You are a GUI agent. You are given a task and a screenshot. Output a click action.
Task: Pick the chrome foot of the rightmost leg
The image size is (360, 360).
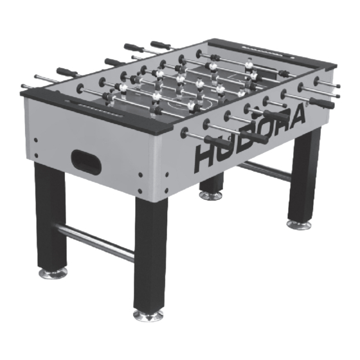click(298, 224)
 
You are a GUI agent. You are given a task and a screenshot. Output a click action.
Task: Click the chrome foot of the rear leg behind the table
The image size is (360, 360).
click(211, 194)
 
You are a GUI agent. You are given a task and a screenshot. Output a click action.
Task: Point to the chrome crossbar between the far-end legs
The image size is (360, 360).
click(264, 171)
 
